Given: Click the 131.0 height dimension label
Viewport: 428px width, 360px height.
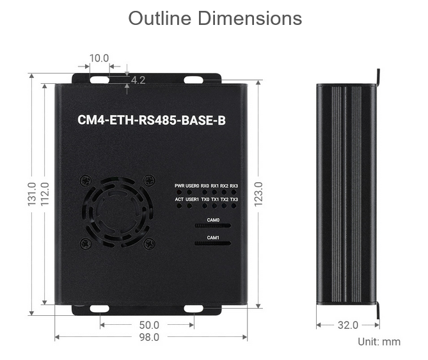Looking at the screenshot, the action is pyautogui.click(x=32, y=194).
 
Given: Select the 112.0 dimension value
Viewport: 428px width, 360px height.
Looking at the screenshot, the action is pyautogui.click(x=45, y=194).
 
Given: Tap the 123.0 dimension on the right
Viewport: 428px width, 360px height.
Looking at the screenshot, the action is pyautogui.click(x=258, y=194).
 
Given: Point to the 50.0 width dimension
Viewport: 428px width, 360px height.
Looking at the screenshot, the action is pyautogui.click(x=149, y=325).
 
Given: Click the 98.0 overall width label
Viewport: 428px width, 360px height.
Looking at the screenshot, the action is pyautogui.click(x=149, y=337).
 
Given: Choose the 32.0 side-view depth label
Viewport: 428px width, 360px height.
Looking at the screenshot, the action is pyautogui.click(x=348, y=325).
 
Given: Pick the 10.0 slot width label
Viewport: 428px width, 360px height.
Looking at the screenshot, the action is pyautogui.click(x=99, y=58).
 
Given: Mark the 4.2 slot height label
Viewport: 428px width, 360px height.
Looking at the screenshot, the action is pyautogui.click(x=138, y=80).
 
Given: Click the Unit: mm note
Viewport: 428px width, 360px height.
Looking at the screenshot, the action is pyautogui.click(x=379, y=341).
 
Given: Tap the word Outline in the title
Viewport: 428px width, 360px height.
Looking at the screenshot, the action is pyautogui.click(x=160, y=19).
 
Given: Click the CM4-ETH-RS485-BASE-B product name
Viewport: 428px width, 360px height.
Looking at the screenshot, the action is pyautogui.click(x=152, y=120).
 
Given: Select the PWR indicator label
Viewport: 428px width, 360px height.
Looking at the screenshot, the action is pyautogui.click(x=179, y=186).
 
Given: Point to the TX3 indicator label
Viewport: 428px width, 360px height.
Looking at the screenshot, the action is pyautogui.click(x=234, y=200).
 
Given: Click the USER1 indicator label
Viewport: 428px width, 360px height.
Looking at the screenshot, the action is pyautogui.click(x=192, y=200).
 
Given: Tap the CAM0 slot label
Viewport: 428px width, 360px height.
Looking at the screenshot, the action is pyautogui.click(x=213, y=220).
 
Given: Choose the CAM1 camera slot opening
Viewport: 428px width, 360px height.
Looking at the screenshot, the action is pyautogui.click(x=212, y=243).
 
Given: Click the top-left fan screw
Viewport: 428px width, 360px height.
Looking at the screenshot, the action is pyautogui.click(x=86, y=181).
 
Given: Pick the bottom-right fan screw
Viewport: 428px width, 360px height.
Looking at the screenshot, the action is pyautogui.click(x=150, y=244).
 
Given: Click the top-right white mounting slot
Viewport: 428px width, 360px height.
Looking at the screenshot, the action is pyautogui.click(x=193, y=80).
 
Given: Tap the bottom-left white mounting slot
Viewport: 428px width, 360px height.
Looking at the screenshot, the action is pyautogui.click(x=100, y=309).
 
